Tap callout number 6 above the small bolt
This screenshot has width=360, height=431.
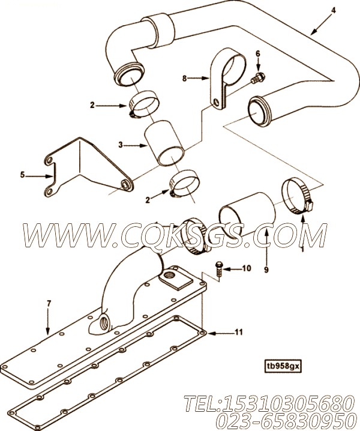click(x=258, y=53)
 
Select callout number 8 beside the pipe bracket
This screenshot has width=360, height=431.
click(x=185, y=77)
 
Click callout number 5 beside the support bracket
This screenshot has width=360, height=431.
click(x=23, y=175)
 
